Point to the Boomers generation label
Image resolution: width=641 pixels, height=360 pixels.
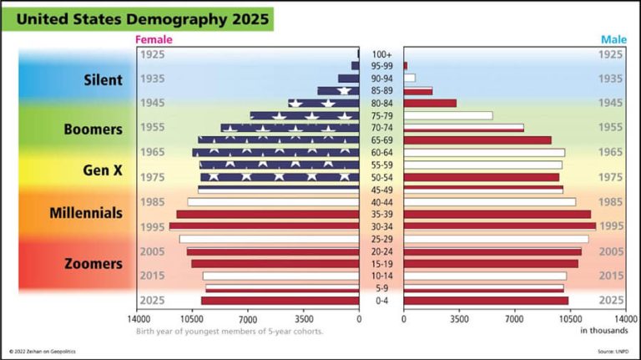(93, 129)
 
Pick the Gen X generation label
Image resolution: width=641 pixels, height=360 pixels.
(103, 170)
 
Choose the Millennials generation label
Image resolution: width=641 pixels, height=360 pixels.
(86, 213)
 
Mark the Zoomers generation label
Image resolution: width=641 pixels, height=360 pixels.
(93, 264)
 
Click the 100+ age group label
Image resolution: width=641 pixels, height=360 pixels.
(381, 53)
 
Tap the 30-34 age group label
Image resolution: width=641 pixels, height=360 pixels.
(381, 226)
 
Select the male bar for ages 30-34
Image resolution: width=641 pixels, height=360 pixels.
(499, 226)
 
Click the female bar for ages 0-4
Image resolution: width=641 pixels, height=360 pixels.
(280, 301)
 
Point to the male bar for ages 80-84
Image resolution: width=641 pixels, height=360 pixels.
(430, 103)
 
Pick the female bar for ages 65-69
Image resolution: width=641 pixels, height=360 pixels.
(279, 140)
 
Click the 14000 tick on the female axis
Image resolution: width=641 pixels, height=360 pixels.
(139, 318)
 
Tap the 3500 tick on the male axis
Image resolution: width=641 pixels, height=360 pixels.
(458, 318)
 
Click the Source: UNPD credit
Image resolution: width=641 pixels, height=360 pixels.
(613, 352)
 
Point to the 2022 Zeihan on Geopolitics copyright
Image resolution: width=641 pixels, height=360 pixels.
(48, 352)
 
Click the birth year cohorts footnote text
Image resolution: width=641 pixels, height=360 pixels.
(230, 331)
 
